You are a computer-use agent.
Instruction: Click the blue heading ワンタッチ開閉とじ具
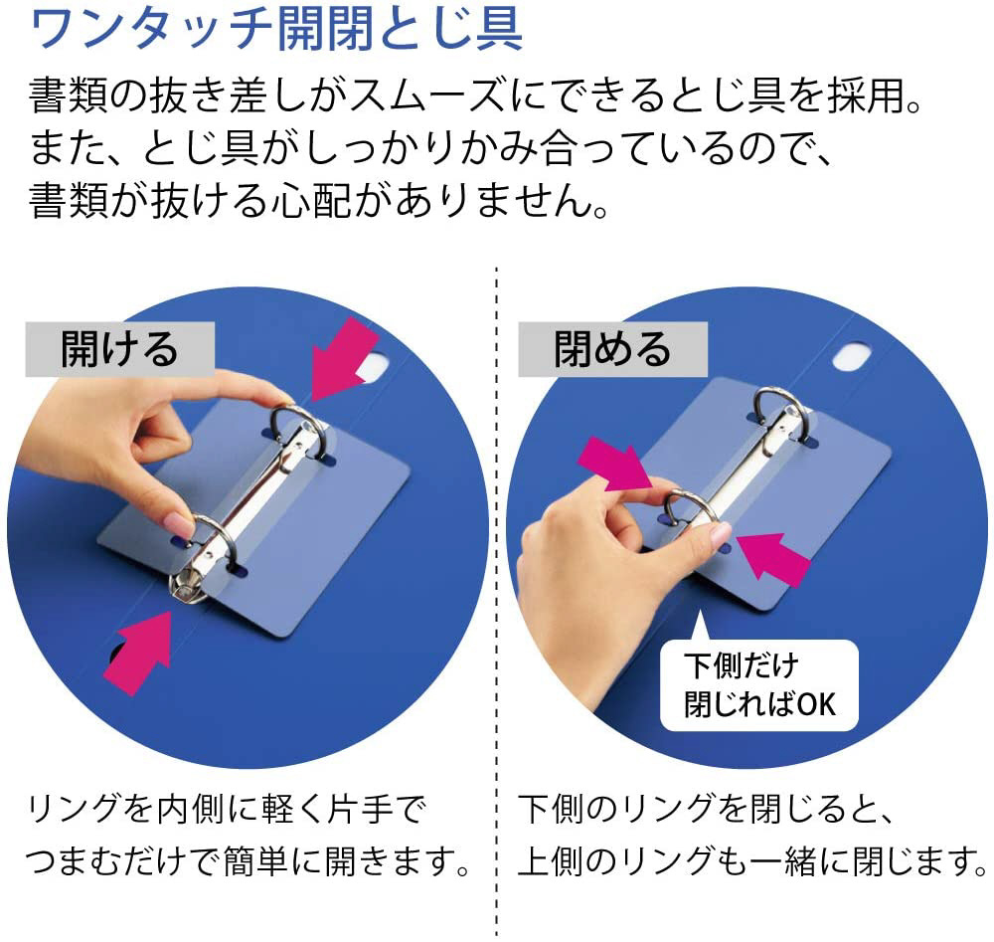tap(276, 29)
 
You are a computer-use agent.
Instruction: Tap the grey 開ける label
tap(120, 349)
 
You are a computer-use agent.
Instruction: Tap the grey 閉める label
tap(612, 349)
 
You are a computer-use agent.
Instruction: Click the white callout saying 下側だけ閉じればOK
tap(758, 684)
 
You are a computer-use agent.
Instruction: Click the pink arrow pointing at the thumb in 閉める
tap(614, 465)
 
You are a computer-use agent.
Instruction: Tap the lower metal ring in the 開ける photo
tap(215, 539)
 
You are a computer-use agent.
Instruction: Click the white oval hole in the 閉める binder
tap(852, 356)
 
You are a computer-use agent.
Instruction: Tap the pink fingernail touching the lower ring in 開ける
tap(180, 524)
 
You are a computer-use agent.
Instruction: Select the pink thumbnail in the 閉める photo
tap(721, 537)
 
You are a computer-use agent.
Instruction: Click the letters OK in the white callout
tap(816, 704)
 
